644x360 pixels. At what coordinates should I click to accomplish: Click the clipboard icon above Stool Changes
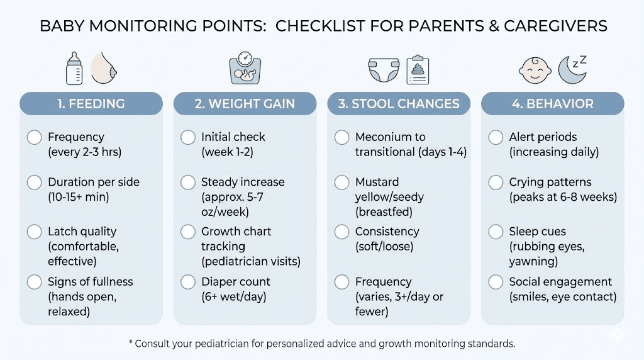click(418, 69)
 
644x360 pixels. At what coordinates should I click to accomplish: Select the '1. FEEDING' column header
click(91, 104)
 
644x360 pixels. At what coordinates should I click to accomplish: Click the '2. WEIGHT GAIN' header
click(245, 104)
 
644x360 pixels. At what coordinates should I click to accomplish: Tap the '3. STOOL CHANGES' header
click(399, 104)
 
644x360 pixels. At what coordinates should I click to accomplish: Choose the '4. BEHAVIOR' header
click(553, 104)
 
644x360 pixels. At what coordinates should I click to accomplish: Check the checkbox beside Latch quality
click(34, 232)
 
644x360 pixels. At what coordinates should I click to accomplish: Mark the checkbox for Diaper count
click(188, 281)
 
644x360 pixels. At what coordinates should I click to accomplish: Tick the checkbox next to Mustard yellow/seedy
click(341, 183)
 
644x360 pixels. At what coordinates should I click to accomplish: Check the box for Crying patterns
click(496, 183)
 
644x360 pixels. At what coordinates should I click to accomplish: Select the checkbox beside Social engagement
click(496, 281)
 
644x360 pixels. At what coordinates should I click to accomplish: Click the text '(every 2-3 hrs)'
click(84, 152)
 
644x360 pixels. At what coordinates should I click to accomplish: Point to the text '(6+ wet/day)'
click(234, 296)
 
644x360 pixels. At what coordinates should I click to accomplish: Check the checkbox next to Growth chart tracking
click(188, 232)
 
